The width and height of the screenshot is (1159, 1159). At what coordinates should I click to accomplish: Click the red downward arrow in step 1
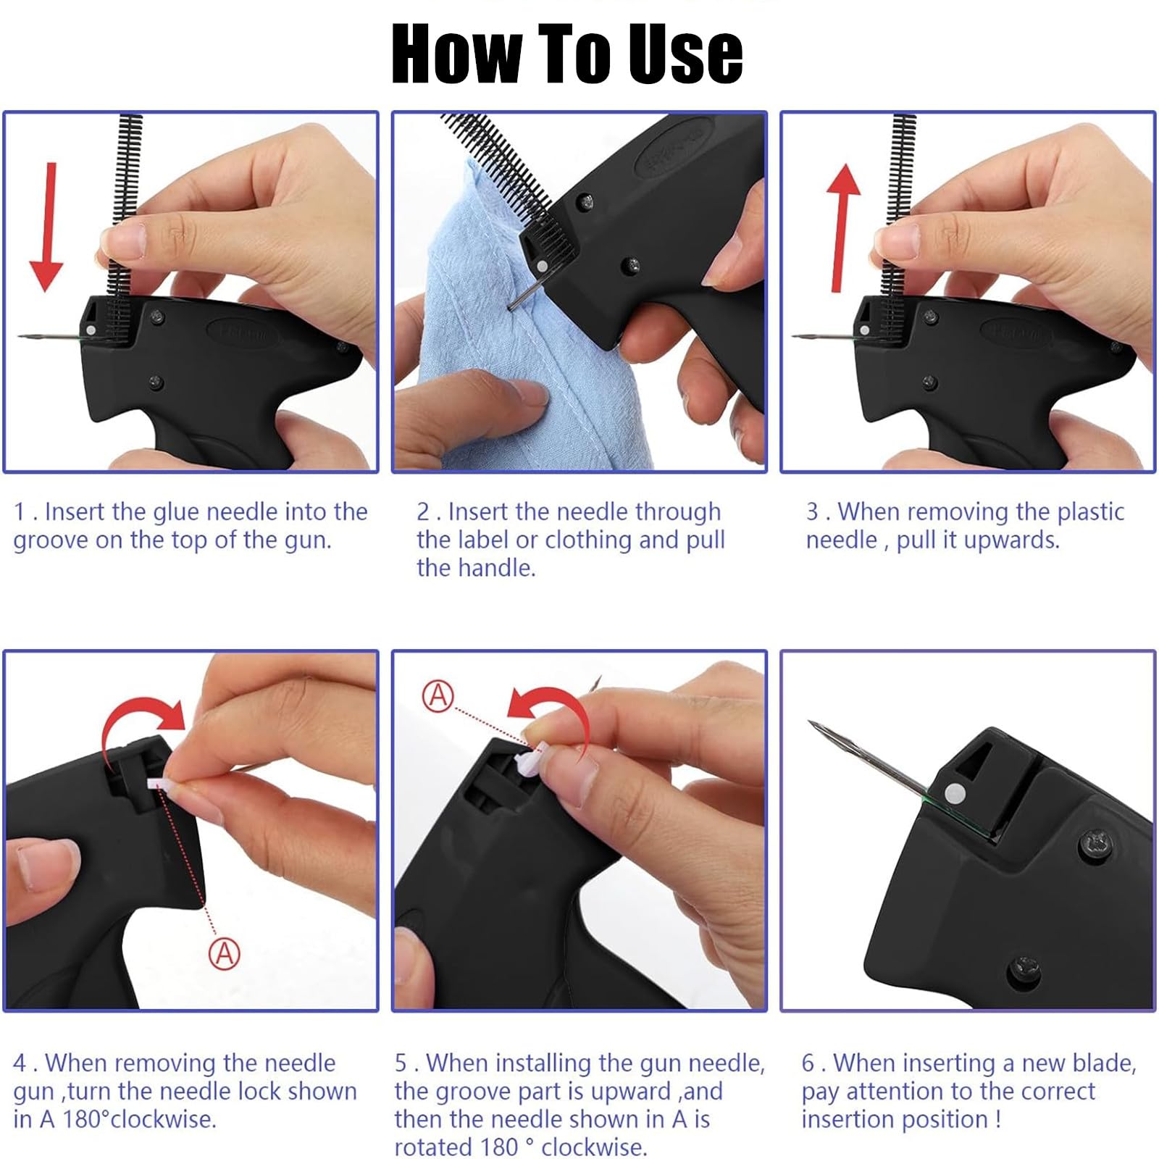click(x=46, y=227)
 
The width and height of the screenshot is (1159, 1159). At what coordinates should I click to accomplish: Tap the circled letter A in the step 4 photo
click(x=225, y=953)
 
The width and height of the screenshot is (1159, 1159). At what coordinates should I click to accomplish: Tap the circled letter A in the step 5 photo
click(x=438, y=696)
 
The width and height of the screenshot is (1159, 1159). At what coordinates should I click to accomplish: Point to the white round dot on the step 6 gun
click(x=955, y=792)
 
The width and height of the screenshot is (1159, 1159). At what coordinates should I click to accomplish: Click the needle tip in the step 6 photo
click(x=810, y=722)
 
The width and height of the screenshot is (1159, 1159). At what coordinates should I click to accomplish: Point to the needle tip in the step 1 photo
click(x=20, y=336)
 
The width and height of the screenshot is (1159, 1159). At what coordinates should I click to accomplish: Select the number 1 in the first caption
click(x=20, y=512)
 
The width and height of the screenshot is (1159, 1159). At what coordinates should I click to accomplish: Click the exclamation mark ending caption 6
click(x=998, y=1119)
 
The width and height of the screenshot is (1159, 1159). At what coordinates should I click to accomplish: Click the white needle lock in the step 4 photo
click(x=160, y=784)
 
